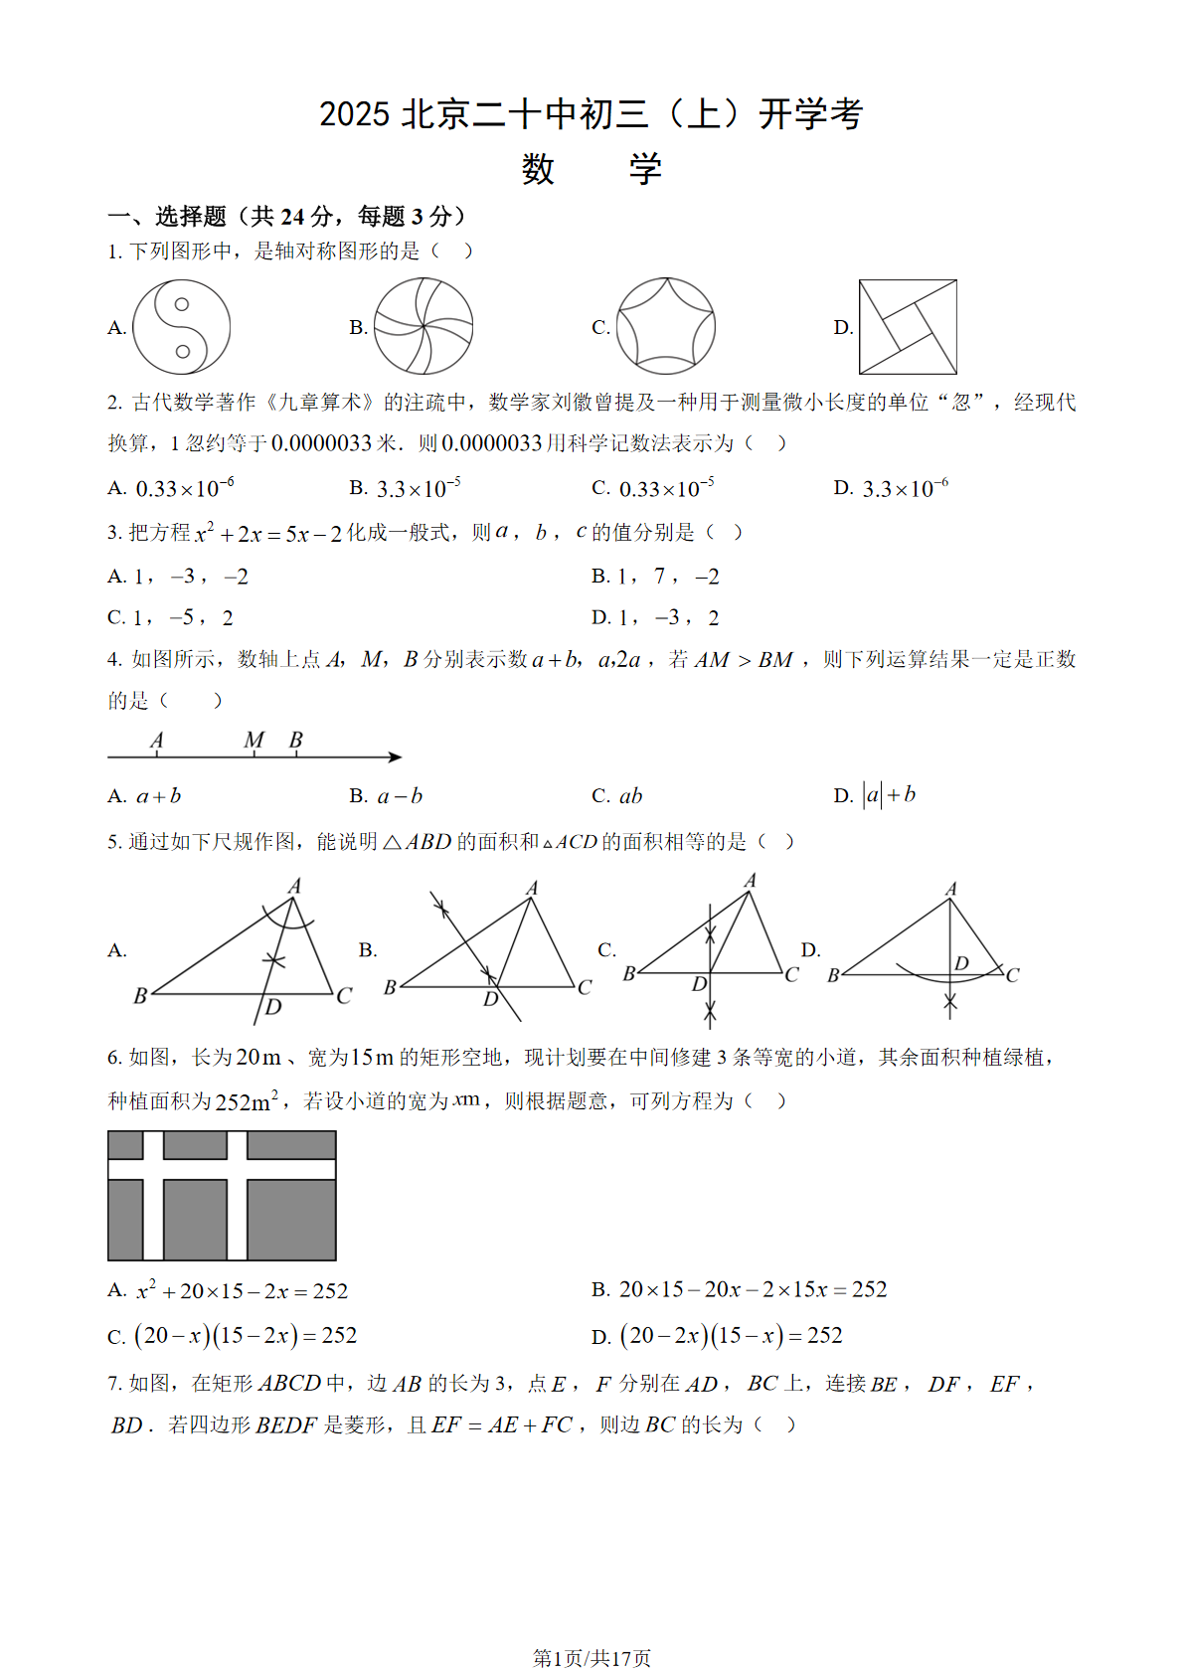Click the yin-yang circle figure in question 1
click(182, 327)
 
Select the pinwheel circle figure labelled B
click(423, 327)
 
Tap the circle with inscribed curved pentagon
click(666, 326)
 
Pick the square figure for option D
click(908, 327)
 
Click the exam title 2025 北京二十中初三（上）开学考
click(591, 114)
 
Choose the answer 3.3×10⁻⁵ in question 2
click(418, 488)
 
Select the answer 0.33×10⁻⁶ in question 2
click(184, 488)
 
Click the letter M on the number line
click(254, 740)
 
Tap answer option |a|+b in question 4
click(889, 795)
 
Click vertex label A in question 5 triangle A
click(294, 885)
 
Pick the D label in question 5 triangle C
click(700, 984)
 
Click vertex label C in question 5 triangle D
click(1012, 975)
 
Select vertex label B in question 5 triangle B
click(390, 987)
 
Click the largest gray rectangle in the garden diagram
click(291, 1220)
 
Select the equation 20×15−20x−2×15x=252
click(752, 1290)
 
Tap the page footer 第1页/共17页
click(592, 1658)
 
